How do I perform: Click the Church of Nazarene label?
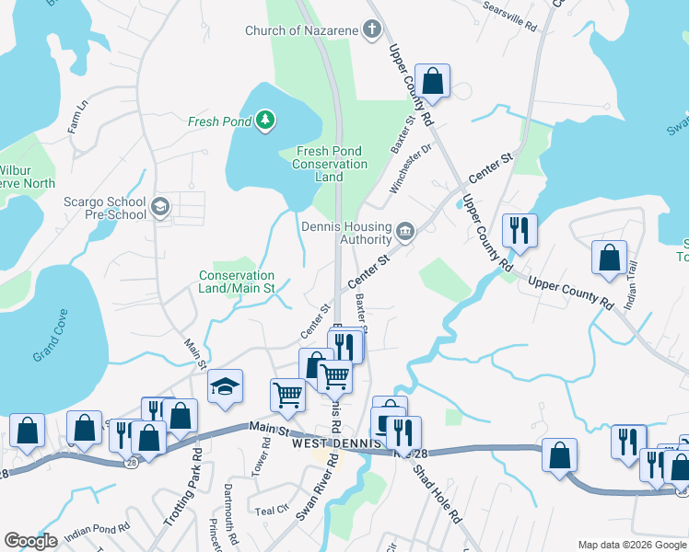[299, 30]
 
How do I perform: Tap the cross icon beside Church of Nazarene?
[371, 30]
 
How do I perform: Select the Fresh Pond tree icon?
[265, 120]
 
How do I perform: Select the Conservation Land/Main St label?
[238, 282]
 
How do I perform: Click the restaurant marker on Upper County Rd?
[520, 231]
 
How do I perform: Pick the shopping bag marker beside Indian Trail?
[609, 259]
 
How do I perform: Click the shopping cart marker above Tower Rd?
[287, 395]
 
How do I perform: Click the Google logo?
[31, 541]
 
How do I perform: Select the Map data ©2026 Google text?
[631, 545]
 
